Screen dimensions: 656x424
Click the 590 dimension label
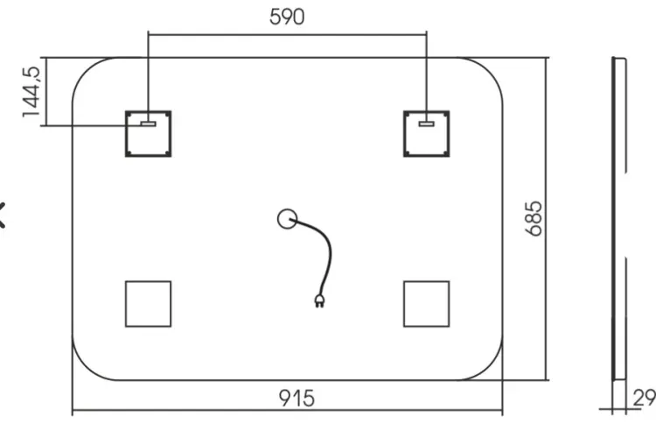[x=287, y=17]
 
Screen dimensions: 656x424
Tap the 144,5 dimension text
[x=31, y=92]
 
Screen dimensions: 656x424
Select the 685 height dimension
[x=534, y=219]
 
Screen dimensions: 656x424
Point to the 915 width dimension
[x=297, y=398]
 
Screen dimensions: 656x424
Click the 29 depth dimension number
[x=644, y=398]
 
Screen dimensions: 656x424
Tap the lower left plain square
[x=125, y=304]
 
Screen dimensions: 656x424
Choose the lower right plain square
[x=404, y=304]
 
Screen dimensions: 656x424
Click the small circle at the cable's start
[x=279, y=219]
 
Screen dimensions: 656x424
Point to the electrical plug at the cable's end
[x=319, y=300]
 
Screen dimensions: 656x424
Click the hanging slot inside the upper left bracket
[x=148, y=124]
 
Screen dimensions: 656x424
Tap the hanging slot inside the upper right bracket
[x=426, y=124]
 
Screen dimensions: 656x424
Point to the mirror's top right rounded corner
[x=490, y=70]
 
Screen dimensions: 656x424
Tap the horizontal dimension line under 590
[x=287, y=35]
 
